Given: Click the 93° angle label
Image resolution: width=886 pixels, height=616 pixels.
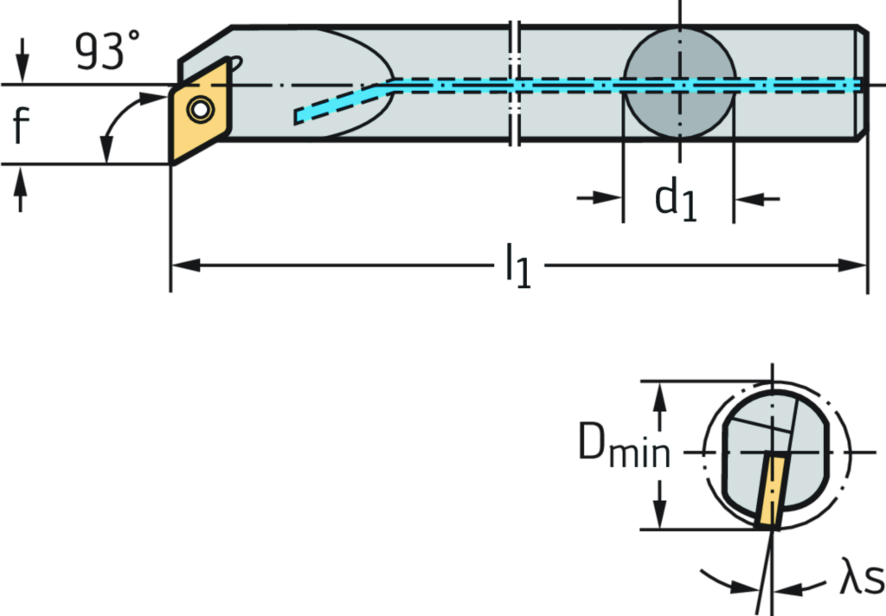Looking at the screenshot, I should [100, 53].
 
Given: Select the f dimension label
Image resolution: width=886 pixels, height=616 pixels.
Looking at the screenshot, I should [21, 126].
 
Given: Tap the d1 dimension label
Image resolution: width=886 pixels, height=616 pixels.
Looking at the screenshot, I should [677, 198].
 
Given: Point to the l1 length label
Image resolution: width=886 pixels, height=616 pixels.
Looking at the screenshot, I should [518, 266].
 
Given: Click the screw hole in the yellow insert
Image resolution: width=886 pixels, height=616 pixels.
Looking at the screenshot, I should [201, 109].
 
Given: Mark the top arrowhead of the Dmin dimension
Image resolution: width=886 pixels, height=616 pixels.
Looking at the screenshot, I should [659, 393].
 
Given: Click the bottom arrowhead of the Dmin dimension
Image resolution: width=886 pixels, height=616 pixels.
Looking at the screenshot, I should [659, 516].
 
